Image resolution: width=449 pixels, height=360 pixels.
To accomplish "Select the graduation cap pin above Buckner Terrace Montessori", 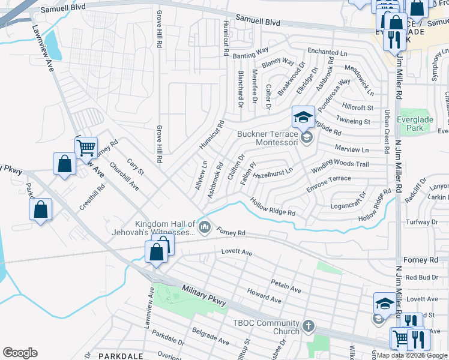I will click(303, 116).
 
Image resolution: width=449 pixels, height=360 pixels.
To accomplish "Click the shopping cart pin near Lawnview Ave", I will click(86, 146).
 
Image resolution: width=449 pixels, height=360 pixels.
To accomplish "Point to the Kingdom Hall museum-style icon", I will click(205, 226).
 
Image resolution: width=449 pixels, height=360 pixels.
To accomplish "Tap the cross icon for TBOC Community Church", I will click(308, 326).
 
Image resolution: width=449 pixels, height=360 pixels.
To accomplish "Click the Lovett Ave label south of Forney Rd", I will click(237, 253).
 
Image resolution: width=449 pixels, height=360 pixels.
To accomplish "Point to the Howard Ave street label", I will click(264, 295).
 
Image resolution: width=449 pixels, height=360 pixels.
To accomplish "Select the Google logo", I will click(20, 353).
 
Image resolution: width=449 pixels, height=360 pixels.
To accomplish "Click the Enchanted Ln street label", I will click(327, 53).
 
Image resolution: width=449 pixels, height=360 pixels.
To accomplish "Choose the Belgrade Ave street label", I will click(210, 336).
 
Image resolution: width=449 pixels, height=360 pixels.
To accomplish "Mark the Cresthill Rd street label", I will click(91, 197).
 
